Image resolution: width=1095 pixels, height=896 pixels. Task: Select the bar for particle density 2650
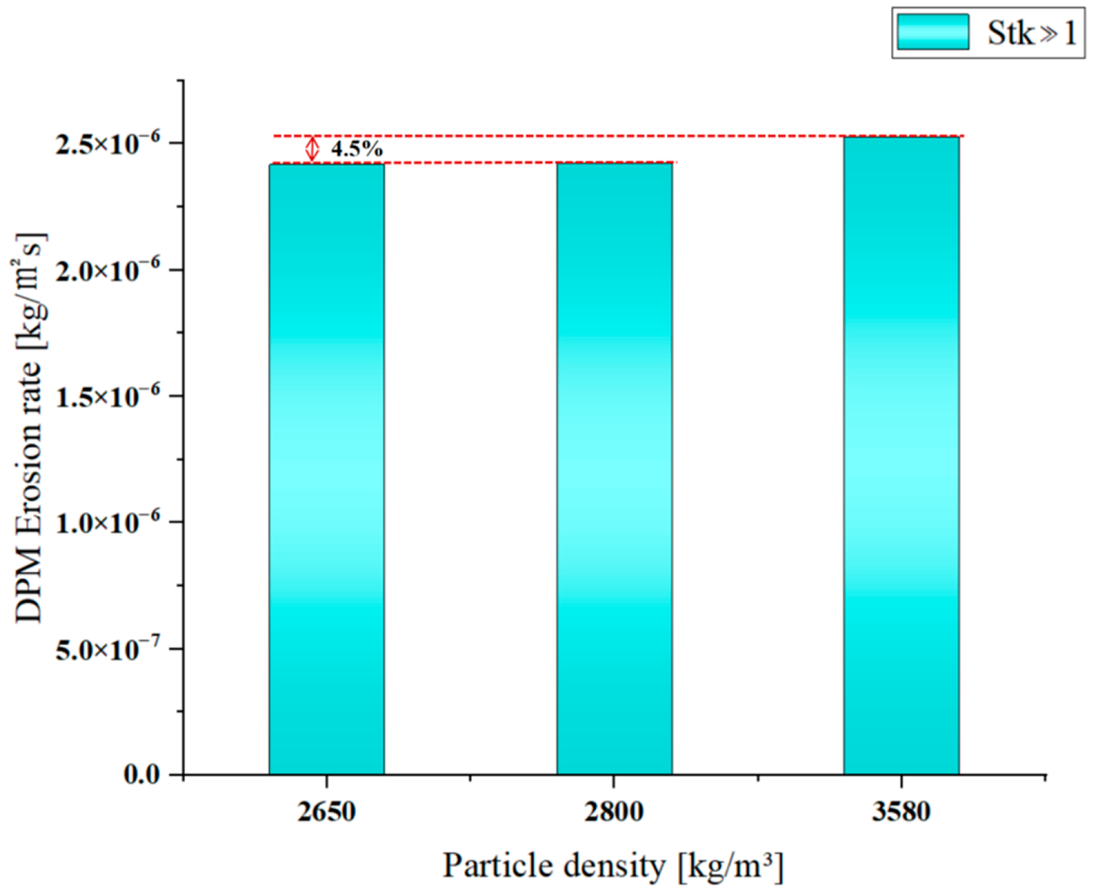coord(326,469)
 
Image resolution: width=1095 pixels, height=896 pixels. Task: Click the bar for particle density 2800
coord(614,469)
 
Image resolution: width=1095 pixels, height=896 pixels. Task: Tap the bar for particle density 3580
coord(901,455)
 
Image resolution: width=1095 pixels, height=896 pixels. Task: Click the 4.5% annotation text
coord(356,149)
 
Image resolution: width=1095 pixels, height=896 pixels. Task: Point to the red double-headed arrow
coord(312,149)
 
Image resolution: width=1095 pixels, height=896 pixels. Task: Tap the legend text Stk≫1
coord(1031,32)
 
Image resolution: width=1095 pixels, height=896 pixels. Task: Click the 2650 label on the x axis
coord(326,812)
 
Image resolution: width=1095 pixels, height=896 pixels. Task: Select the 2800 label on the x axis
coord(614,812)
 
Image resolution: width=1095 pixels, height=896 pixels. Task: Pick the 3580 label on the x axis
coord(901,812)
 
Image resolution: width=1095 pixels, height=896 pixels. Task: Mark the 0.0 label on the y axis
coord(141,774)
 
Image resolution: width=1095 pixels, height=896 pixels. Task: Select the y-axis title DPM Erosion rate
coord(30,427)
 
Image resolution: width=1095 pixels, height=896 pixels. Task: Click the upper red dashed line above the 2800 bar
coord(614,136)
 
